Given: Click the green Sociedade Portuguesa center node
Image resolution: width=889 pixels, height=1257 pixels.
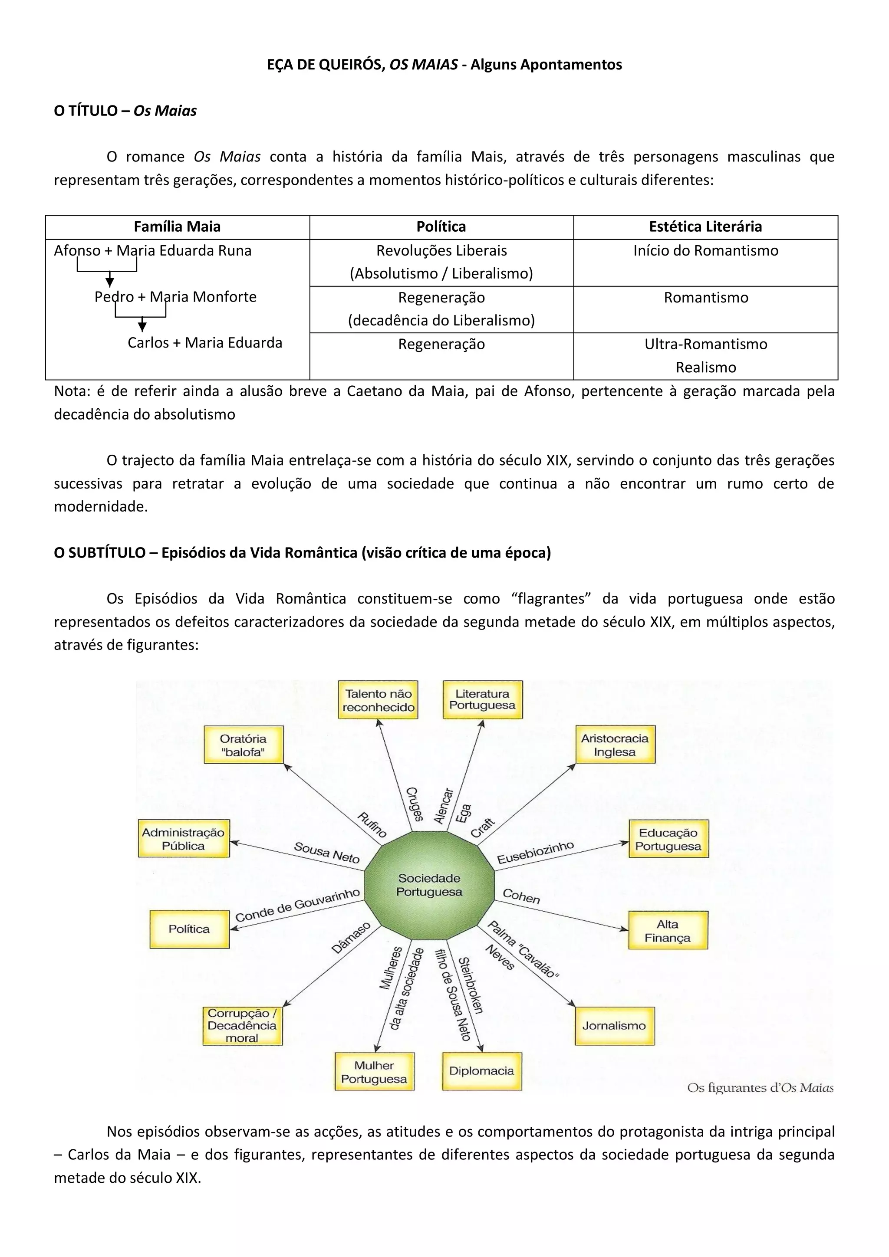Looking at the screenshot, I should (429, 885).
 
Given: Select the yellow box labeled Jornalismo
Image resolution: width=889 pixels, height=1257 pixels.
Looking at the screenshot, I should (614, 1025).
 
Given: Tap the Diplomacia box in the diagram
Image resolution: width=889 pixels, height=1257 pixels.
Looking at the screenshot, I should (481, 1071).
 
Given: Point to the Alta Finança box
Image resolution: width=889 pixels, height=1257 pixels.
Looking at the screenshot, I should (667, 931).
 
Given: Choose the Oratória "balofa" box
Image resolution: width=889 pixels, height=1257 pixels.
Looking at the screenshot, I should (243, 745).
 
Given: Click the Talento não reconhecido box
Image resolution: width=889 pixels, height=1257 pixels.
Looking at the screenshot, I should (379, 700).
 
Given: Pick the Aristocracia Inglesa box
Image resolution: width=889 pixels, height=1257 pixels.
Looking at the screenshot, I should (615, 745).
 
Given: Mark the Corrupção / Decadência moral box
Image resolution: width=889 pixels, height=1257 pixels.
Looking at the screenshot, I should (242, 1025).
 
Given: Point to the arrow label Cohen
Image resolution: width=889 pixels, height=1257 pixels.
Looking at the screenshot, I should (521, 896).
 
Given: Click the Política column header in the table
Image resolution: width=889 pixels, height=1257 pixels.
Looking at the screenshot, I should (441, 226).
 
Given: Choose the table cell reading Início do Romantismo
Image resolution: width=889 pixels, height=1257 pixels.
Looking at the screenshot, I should (705, 251).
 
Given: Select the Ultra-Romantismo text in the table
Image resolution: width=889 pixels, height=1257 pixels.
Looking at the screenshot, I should (705, 345).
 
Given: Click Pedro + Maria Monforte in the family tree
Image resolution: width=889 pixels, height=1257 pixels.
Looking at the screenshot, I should (175, 297).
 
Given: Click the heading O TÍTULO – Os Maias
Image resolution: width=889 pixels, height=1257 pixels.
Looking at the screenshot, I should (125, 111).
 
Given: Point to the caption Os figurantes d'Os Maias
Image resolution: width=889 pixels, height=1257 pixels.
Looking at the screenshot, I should (760, 1087).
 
